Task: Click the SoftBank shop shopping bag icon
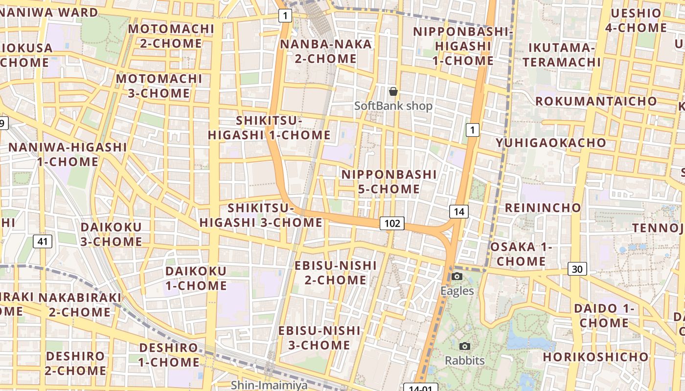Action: [393, 91]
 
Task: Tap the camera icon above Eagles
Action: [457, 277]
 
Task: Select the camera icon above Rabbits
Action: [465, 347]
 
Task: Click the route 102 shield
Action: [392, 224]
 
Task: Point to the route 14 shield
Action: [458, 212]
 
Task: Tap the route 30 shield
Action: [577, 269]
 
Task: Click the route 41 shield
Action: [43, 241]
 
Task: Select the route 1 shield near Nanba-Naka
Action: [285, 16]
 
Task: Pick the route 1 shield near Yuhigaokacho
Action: [472, 130]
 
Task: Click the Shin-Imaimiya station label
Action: [270, 385]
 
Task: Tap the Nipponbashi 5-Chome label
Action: [389, 182]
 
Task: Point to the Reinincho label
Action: [543, 208]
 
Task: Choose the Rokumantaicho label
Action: [596, 101]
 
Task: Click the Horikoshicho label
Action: [595, 357]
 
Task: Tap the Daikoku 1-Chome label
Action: [196, 278]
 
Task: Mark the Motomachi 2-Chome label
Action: [171, 36]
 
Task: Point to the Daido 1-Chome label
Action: [604, 316]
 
